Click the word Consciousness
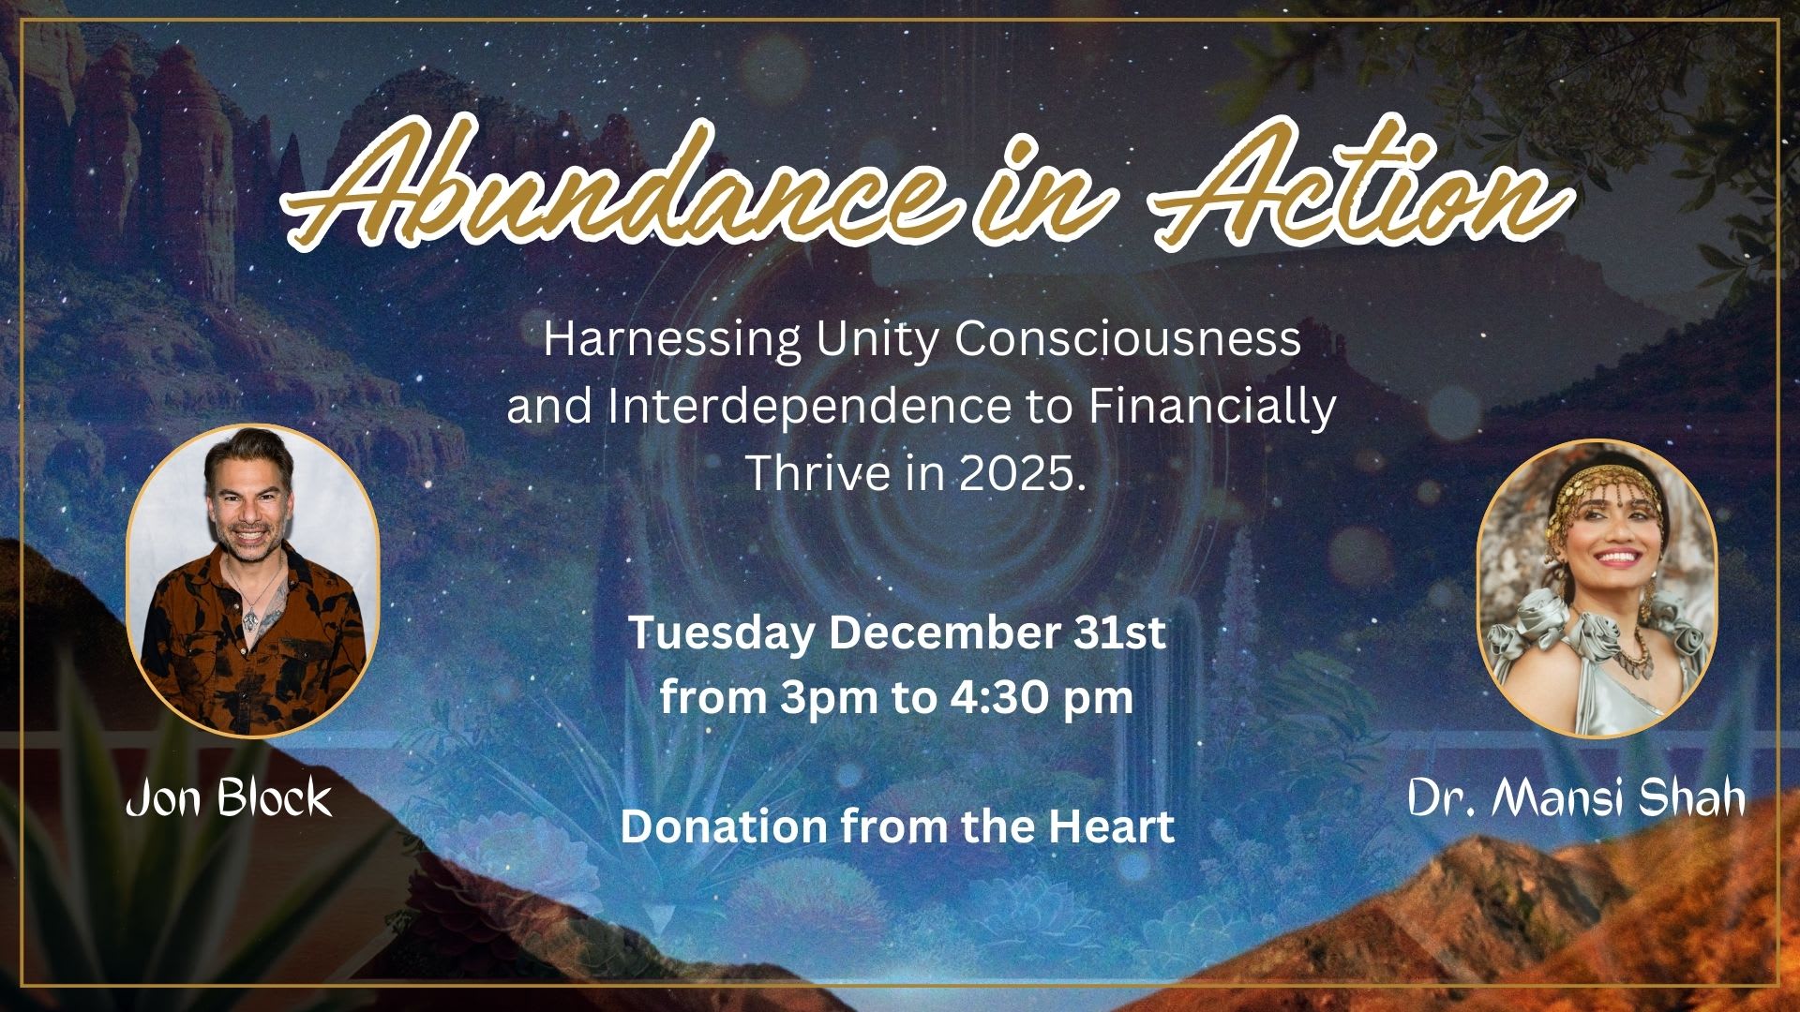[1128, 338]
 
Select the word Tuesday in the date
[720, 634]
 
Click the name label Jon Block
[229, 798]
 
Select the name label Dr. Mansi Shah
[1577, 798]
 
